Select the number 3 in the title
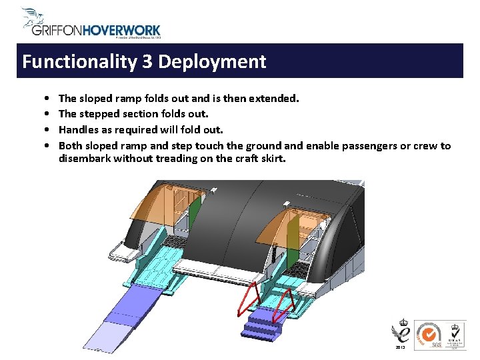(x=147, y=62)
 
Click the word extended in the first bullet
(x=273, y=99)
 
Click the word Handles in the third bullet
(x=79, y=129)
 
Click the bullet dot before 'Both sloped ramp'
(x=43, y=145)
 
